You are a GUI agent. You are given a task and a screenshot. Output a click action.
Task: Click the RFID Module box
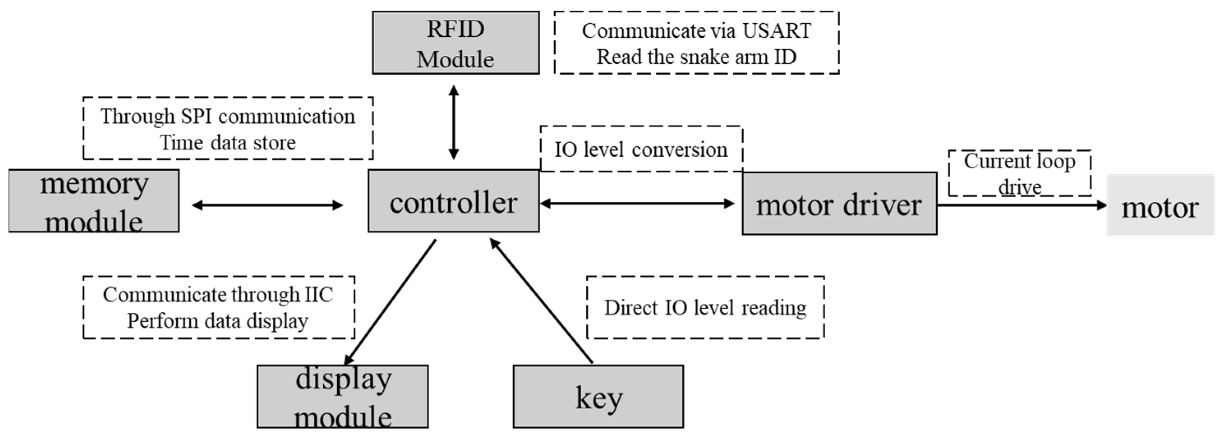click(x=456, y=43)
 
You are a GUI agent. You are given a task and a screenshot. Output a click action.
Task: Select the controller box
click(x=453, y=202)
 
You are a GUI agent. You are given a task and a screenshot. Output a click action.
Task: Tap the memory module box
click(x=94, y=201)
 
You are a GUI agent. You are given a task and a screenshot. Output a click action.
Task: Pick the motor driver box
click(x=839, y=204)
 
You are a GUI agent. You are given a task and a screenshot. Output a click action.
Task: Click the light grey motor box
click(x=1161, y=205)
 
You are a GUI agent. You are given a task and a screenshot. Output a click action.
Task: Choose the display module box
click(x=342, y=396)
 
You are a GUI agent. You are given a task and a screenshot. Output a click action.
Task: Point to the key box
click(x=598, y=396)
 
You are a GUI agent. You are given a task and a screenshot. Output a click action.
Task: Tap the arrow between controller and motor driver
click(x=637, y=204)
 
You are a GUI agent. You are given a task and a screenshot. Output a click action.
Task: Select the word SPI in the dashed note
click(x=196, y=117)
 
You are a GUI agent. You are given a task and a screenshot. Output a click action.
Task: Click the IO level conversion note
click(x=641, y=150)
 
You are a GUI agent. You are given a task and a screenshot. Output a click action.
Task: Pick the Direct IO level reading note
click(x=705, y=307)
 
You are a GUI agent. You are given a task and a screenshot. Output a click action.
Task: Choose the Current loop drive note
click(x=1020, y=174)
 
